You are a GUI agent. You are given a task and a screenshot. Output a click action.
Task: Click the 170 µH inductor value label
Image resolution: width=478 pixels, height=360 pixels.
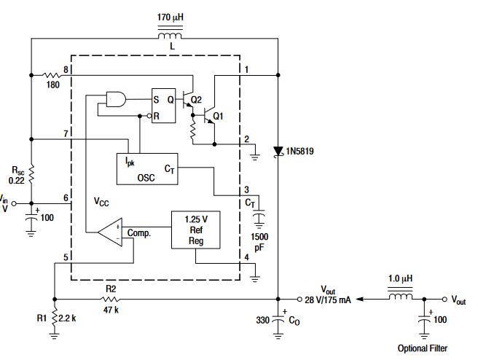point(171,17)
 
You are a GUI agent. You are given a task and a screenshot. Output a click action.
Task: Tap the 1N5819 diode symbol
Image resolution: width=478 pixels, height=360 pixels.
point(278,152)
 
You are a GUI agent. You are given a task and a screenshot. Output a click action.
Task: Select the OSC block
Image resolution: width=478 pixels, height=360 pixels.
point(147,169)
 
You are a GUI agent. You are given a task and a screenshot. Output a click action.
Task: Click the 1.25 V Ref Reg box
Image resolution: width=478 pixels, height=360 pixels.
point(196,230)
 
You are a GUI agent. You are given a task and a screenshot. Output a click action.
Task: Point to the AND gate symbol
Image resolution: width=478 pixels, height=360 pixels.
point(116,99)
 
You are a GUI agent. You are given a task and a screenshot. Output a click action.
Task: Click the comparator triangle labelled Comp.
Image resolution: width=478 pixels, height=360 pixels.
point(110,232)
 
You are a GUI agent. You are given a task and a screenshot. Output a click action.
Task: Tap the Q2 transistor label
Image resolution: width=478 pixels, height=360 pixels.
point(196,100)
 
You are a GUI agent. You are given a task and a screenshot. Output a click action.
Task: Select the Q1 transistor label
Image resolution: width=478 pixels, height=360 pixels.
point(218,116)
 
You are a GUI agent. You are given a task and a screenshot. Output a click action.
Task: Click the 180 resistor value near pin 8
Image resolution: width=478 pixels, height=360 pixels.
point(52,85)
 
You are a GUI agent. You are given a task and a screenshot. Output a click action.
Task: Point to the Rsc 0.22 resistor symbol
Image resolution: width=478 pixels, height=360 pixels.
point(31,174)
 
